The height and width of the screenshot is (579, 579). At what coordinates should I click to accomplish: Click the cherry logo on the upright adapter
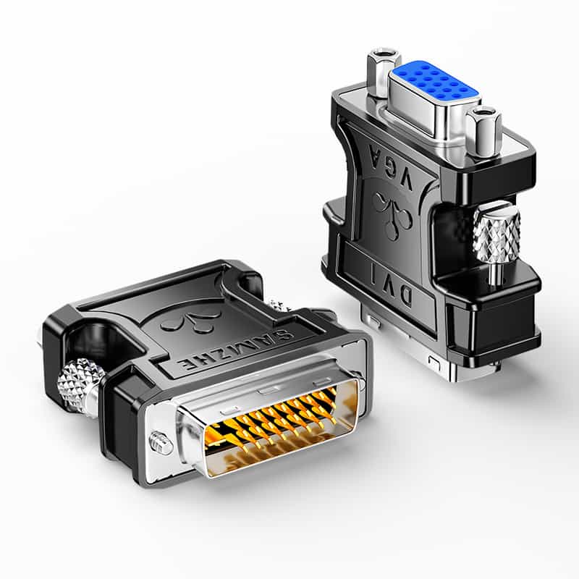(x=392, y=211)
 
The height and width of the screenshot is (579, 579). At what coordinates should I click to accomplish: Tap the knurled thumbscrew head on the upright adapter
(x=496, y=234)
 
